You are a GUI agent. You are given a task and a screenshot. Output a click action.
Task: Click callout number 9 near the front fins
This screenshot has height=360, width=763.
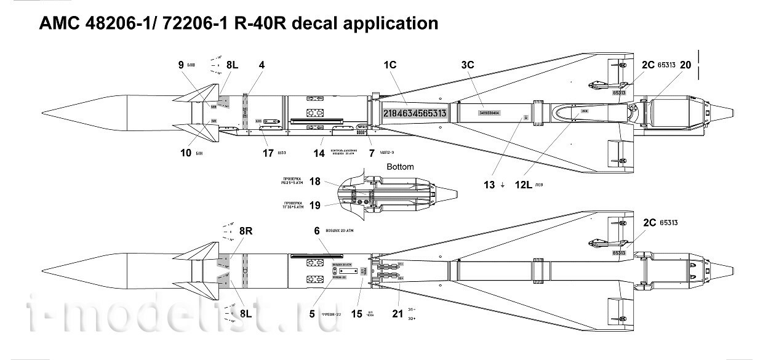click(181, 65)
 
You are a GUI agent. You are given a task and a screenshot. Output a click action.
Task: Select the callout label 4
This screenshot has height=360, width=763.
click(262, 65)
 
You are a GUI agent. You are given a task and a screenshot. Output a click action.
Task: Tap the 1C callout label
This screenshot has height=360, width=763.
click(389, 65)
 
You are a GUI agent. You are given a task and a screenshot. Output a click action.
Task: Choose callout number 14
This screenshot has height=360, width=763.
click(319, 154)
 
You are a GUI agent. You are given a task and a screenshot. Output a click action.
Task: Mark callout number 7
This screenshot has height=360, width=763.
click(371, 154)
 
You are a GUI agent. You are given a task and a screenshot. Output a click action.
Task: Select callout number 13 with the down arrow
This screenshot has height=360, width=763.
click(489, 185)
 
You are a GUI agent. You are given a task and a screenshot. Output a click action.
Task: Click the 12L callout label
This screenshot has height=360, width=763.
click(521, 185)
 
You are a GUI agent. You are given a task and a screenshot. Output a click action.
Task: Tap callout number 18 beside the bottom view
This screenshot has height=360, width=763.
click(315, 182)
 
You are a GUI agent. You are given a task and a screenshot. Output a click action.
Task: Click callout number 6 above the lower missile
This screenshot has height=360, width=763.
click(317, 231)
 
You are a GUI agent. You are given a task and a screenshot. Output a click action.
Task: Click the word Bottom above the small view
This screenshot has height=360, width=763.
click(400, 167)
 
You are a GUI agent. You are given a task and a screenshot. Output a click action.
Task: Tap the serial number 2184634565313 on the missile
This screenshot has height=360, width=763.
click(415, 113)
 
